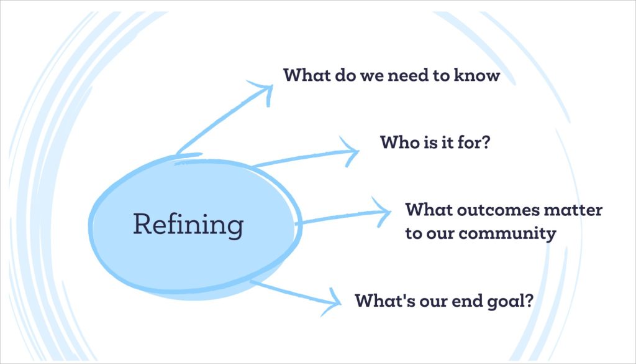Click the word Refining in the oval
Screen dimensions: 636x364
click(188, 225)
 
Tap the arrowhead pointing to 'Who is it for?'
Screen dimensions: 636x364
click(350, 152)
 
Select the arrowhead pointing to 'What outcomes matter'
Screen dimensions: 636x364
click(382, 212)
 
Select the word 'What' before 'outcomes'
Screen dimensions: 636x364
click(429, 210)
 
